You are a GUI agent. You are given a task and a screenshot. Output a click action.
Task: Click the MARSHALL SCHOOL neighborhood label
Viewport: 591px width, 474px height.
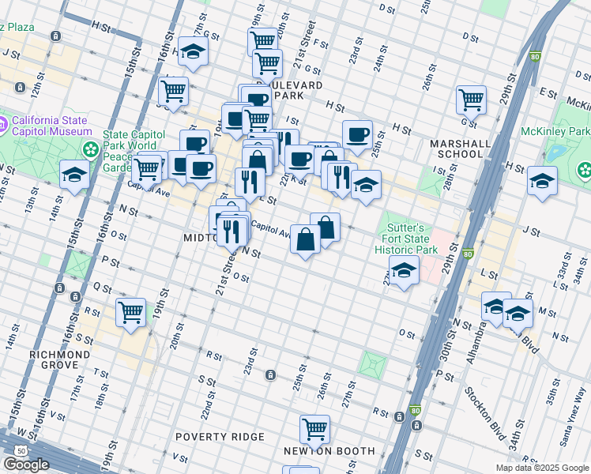coord(456,149)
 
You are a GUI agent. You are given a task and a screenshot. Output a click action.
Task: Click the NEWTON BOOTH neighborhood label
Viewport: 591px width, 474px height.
coord(329,451)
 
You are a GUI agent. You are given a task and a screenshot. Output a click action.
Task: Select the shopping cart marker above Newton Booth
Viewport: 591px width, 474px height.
coord(314,429)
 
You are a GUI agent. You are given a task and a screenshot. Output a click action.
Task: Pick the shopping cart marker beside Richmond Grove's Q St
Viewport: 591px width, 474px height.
coord(130,310)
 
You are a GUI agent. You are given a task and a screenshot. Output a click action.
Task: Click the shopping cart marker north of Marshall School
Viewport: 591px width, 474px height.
coord(471,99)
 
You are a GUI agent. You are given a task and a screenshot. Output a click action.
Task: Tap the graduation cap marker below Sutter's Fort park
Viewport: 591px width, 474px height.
coord(404,271)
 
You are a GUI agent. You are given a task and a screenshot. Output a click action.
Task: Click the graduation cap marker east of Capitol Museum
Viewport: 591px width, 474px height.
coord(74,174)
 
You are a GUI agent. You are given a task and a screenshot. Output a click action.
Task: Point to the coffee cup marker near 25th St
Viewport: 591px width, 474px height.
coord(357,134)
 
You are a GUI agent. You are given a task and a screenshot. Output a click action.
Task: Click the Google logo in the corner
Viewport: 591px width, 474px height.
coord(26,465)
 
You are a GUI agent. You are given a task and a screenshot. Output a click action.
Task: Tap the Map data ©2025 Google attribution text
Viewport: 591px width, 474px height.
coord(541,468)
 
